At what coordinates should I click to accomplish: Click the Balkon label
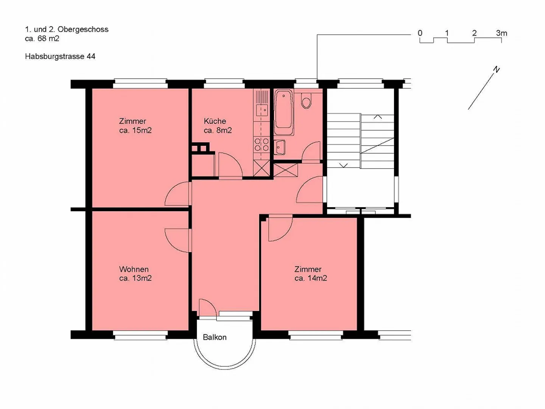coord(215,337)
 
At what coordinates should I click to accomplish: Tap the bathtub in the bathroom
coord(283,112)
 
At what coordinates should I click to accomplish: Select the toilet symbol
coord(307,101)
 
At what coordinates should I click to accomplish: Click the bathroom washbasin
coord(279,147)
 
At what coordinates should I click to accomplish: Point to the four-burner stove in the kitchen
coord(262,145)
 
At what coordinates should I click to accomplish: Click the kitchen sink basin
coord(262,110)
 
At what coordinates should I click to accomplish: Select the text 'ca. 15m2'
coord(135,130)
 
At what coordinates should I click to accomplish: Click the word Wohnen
coord(134,269)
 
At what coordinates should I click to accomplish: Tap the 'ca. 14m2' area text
coord(311,278)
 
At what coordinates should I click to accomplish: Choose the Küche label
coord(215,121)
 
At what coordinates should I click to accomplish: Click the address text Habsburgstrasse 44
coord(60,56)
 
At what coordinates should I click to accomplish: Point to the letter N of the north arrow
coord(496,70)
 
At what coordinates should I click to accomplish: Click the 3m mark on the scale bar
coord(501,33)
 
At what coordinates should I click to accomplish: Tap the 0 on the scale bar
coord(420,33)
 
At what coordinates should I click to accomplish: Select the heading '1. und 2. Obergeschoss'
coord(67,29)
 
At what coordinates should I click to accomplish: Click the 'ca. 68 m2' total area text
coord(42,39)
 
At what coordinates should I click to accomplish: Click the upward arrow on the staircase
coord(378,117)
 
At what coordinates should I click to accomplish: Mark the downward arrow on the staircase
coord(343,165)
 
